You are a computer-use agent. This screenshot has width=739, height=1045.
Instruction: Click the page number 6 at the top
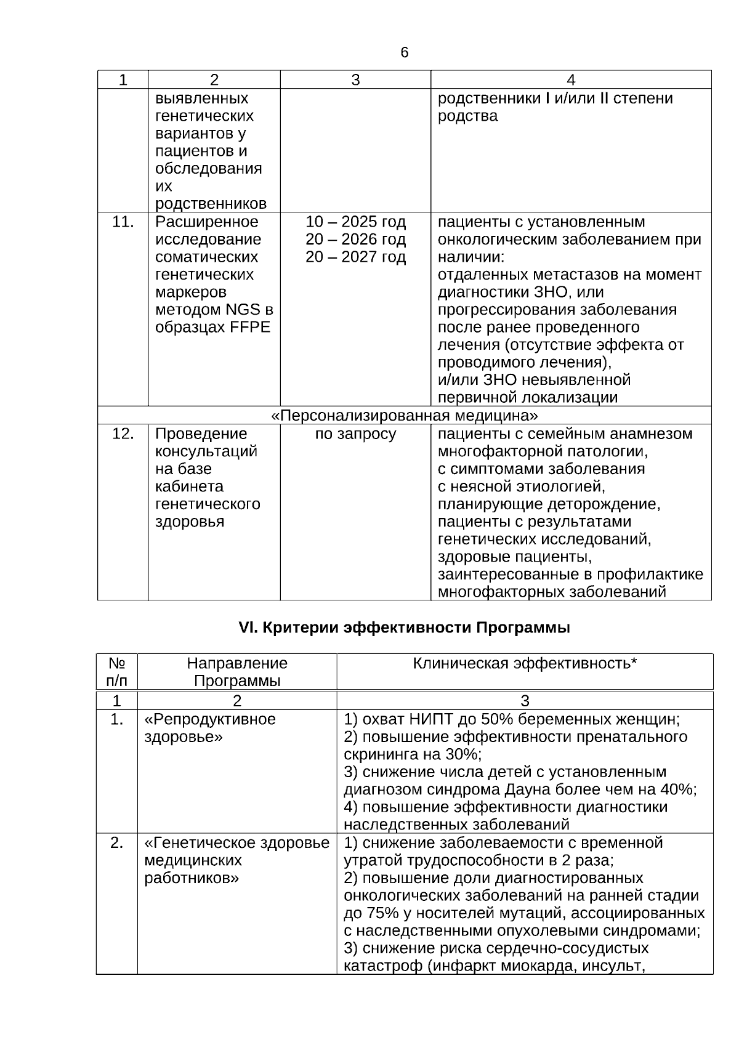coord(404,53)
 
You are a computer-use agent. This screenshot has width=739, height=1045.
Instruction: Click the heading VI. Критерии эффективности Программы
coord(404,628)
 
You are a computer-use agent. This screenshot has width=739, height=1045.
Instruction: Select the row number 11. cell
coord(123,222)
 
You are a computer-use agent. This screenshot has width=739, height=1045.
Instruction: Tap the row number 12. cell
coord(123,434)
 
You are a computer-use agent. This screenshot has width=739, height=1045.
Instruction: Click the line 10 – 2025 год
coord(355,222)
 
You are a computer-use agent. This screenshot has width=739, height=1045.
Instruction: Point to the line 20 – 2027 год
coord(355,257)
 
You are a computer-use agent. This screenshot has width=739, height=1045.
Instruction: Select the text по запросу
coord(355,434)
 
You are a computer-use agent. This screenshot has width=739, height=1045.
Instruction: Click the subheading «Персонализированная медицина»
coord(404,415)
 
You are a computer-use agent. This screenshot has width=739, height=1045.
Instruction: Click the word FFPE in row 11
coord(250,328)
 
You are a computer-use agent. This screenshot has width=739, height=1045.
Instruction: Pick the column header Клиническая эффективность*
coord(524,663)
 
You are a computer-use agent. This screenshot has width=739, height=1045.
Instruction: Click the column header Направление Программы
coord(237,672)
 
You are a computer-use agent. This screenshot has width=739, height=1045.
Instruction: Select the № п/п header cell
coord(117,672)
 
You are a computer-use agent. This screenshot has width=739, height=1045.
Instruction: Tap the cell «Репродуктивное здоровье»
coord(210,728)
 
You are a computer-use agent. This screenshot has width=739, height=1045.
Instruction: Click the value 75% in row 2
coord(381,913)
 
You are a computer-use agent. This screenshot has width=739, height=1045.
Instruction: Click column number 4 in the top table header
coord(571,79)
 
